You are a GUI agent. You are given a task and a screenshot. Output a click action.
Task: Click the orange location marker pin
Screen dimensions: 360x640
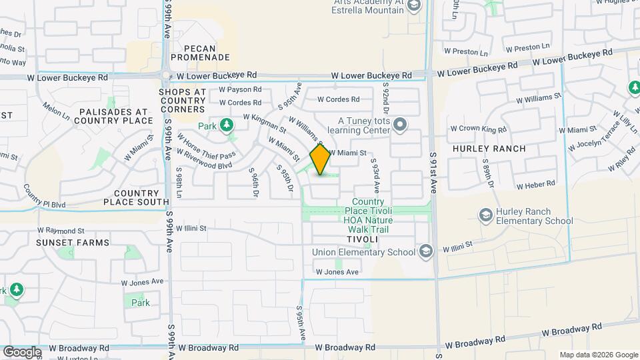pyautogui.click(x=320, y=159)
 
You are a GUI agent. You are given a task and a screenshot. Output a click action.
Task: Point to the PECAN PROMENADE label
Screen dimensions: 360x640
pyautogui.click(x=200, y=53)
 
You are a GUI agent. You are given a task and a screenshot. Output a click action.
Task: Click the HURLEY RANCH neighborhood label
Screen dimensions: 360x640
pyautogui.click(x=489, y=148)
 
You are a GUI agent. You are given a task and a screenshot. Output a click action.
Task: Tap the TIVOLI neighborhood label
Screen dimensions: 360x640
pyautogui.click(x=362, y=239)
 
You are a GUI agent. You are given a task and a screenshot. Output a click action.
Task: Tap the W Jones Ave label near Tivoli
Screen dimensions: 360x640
pyautogui.click(x=337, y=272)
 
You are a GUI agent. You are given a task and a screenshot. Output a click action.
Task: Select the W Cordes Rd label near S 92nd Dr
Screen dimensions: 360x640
pyautogui.click(x=338, y=99)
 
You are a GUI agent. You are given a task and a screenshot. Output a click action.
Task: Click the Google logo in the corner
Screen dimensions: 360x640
pyautogui.click(x=22, y=351)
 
